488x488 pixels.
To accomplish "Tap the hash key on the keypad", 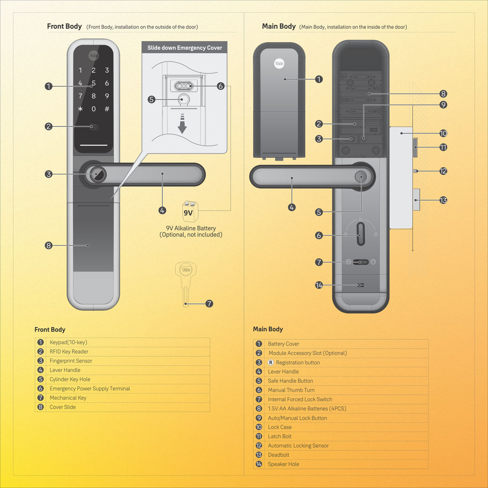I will click(107, 109).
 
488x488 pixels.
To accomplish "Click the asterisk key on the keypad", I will click(80, 109).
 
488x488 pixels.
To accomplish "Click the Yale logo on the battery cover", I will click(279, 63).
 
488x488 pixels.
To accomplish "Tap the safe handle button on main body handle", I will click(361, 177).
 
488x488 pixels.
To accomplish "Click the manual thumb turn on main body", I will click(360, 234).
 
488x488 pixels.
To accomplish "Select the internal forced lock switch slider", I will click(361, 262).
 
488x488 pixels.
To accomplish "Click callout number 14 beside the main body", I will click(319, 285).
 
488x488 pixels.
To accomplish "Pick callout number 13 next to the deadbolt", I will click(443, 201).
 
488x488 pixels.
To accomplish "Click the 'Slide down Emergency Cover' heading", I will click(185, 48).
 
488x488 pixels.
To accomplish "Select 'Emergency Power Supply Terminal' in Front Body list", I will click(90, 389).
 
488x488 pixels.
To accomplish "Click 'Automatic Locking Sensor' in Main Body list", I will click(298, 445).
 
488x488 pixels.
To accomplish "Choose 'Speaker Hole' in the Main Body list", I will click(283, 464).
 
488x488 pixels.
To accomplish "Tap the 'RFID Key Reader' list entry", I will click(69, 351).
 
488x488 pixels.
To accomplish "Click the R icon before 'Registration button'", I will click(271, 362).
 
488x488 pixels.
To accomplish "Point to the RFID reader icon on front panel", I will click(94, 127).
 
